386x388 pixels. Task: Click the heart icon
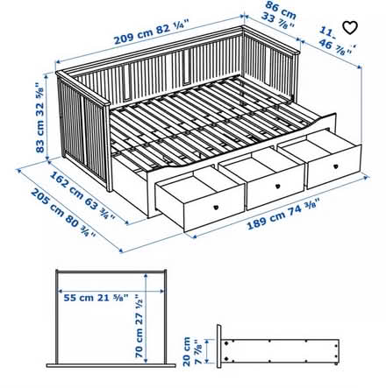point(351,27)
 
